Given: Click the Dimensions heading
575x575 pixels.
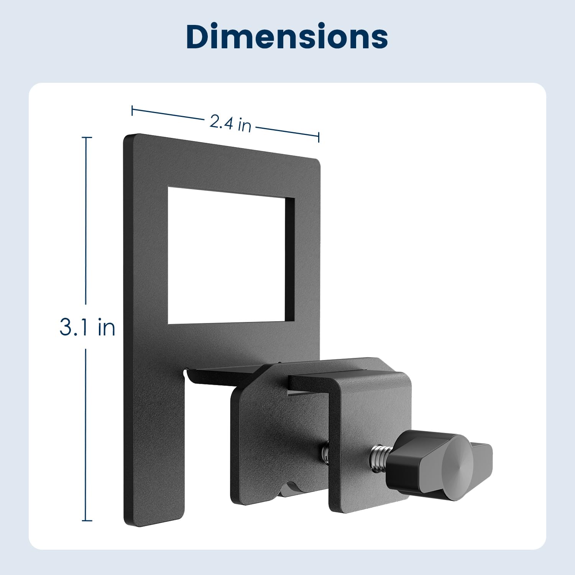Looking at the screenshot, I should pos(287,37).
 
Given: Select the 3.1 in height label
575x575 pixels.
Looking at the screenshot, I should pos(87,328).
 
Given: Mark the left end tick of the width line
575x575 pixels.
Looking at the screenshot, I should pos(132,110).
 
